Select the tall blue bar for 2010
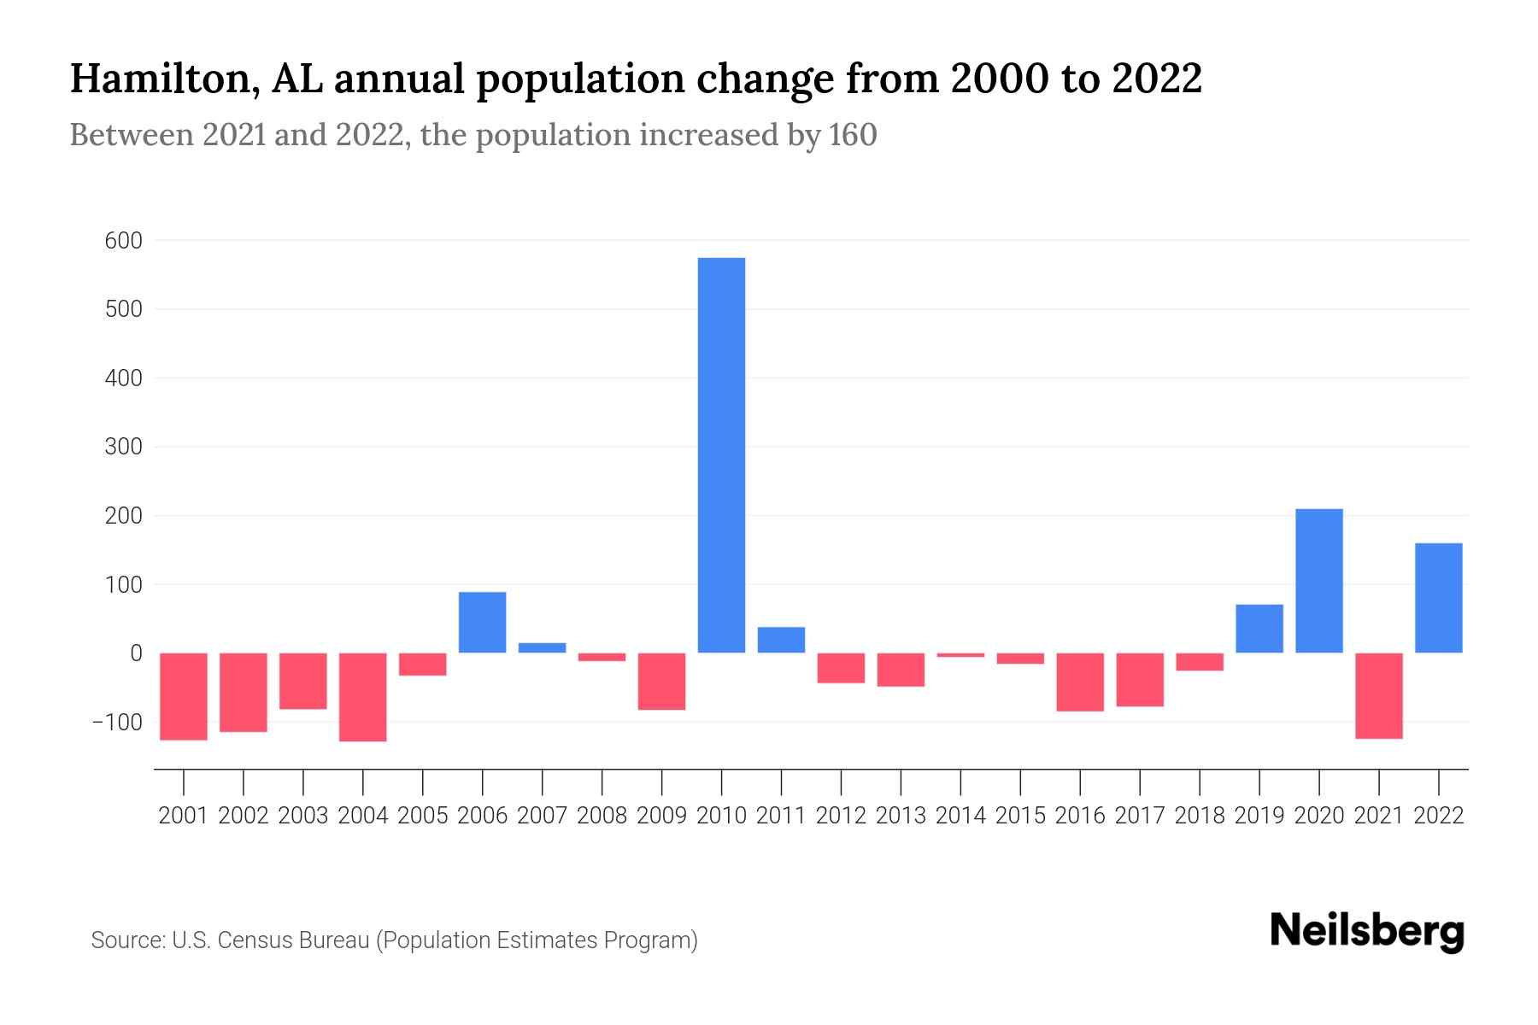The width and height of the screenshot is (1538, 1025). point(721,454)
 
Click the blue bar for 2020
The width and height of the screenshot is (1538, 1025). point(1318,581)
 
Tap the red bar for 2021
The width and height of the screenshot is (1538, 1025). point(1378,695)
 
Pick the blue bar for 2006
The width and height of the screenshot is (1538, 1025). point(482,622)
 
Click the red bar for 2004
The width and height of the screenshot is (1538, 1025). point(363,697)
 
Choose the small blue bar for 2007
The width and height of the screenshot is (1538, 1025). point(542,647)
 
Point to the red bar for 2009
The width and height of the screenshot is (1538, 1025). point(661,681)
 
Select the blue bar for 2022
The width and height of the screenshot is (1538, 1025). point(1438,598)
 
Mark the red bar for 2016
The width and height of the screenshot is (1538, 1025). point(1080,682)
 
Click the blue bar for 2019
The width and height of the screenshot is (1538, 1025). point(1259,629)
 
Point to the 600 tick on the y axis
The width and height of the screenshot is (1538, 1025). point(124,241)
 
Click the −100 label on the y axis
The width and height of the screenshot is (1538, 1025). point(117,723)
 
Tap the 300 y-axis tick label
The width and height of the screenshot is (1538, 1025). point(124,448)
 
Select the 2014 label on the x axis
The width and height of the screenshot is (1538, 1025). point(960,816)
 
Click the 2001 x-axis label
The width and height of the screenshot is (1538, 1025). point(184,816)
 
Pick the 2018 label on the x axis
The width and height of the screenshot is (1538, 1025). point(1199,816)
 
